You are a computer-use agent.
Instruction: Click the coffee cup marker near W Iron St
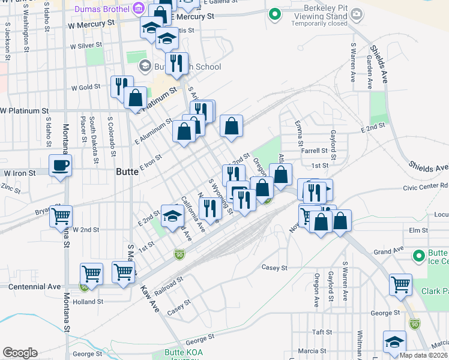(61, 165)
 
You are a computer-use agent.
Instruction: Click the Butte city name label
(127, 171)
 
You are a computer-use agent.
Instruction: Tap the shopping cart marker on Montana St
(61, 216)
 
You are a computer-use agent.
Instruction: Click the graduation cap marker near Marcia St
(394, 343)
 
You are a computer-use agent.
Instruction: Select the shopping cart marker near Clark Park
(400, 284)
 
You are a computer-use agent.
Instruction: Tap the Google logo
(20, 352)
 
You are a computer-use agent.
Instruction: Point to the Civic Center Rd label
(426, 187)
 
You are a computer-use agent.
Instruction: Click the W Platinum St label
(25, 111)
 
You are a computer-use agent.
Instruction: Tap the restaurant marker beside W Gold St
(121, 86)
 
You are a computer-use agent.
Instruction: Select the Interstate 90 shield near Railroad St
(179, 254)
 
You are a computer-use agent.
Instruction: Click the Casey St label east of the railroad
(275, 268)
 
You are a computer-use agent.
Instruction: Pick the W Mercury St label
(91, 25)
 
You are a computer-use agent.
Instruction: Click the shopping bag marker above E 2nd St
(231, 126)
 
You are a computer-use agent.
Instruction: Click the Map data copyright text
(423, 355)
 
